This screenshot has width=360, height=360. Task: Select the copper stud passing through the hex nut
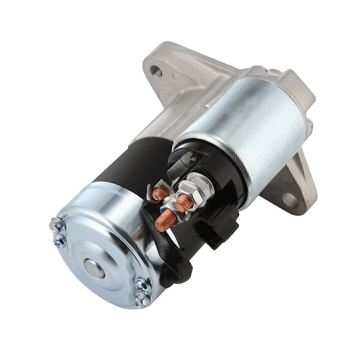click(x=184, y=202)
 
